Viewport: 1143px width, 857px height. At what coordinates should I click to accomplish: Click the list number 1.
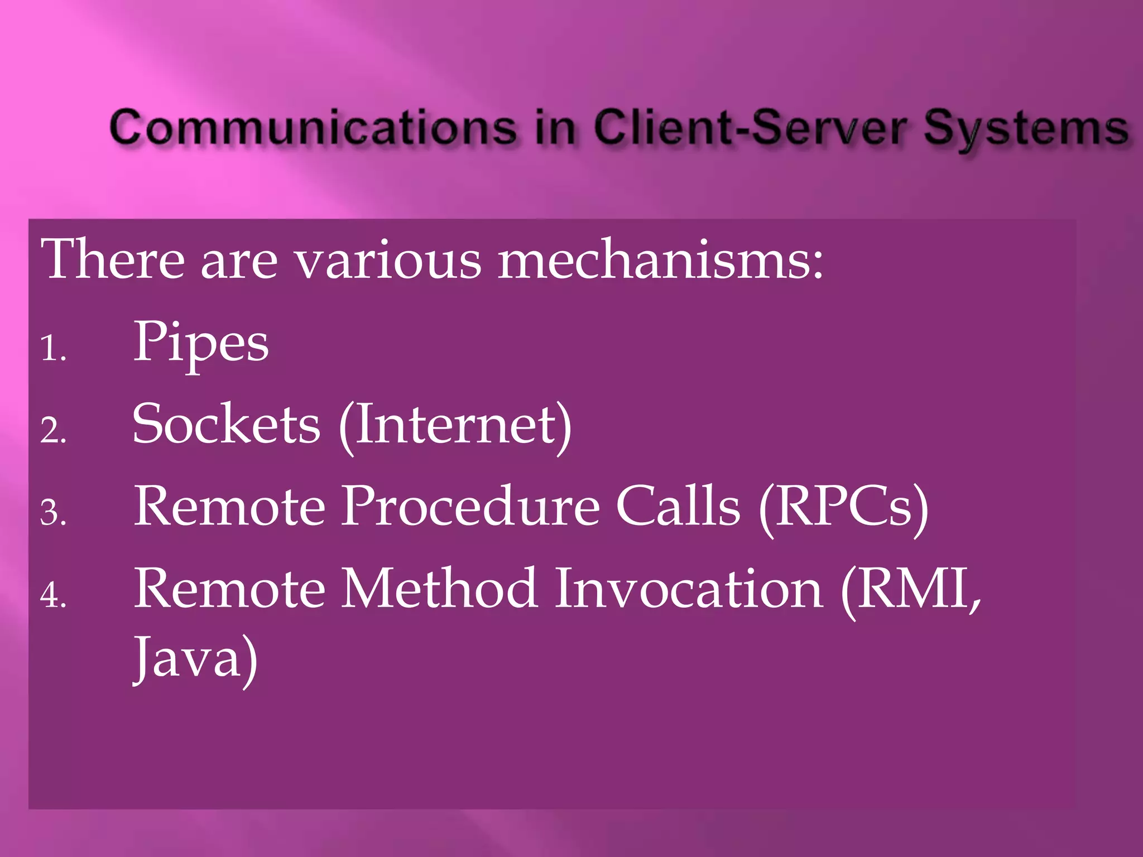click(x=53, y=349)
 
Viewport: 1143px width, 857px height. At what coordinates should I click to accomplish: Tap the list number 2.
click(x=53, y=431)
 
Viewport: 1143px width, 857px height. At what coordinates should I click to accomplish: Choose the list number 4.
click(x=53, y=595)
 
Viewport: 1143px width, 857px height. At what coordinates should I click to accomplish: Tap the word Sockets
click(x=226, y=424)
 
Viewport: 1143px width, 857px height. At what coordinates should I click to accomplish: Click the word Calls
click(x=678, y=506)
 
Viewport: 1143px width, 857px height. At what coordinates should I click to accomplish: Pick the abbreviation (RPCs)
click(x=843, y=507)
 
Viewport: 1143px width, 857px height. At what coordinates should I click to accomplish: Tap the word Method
click(x=439, y=588)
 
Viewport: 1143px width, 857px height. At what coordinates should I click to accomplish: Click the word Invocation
click(x=689, y=588)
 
